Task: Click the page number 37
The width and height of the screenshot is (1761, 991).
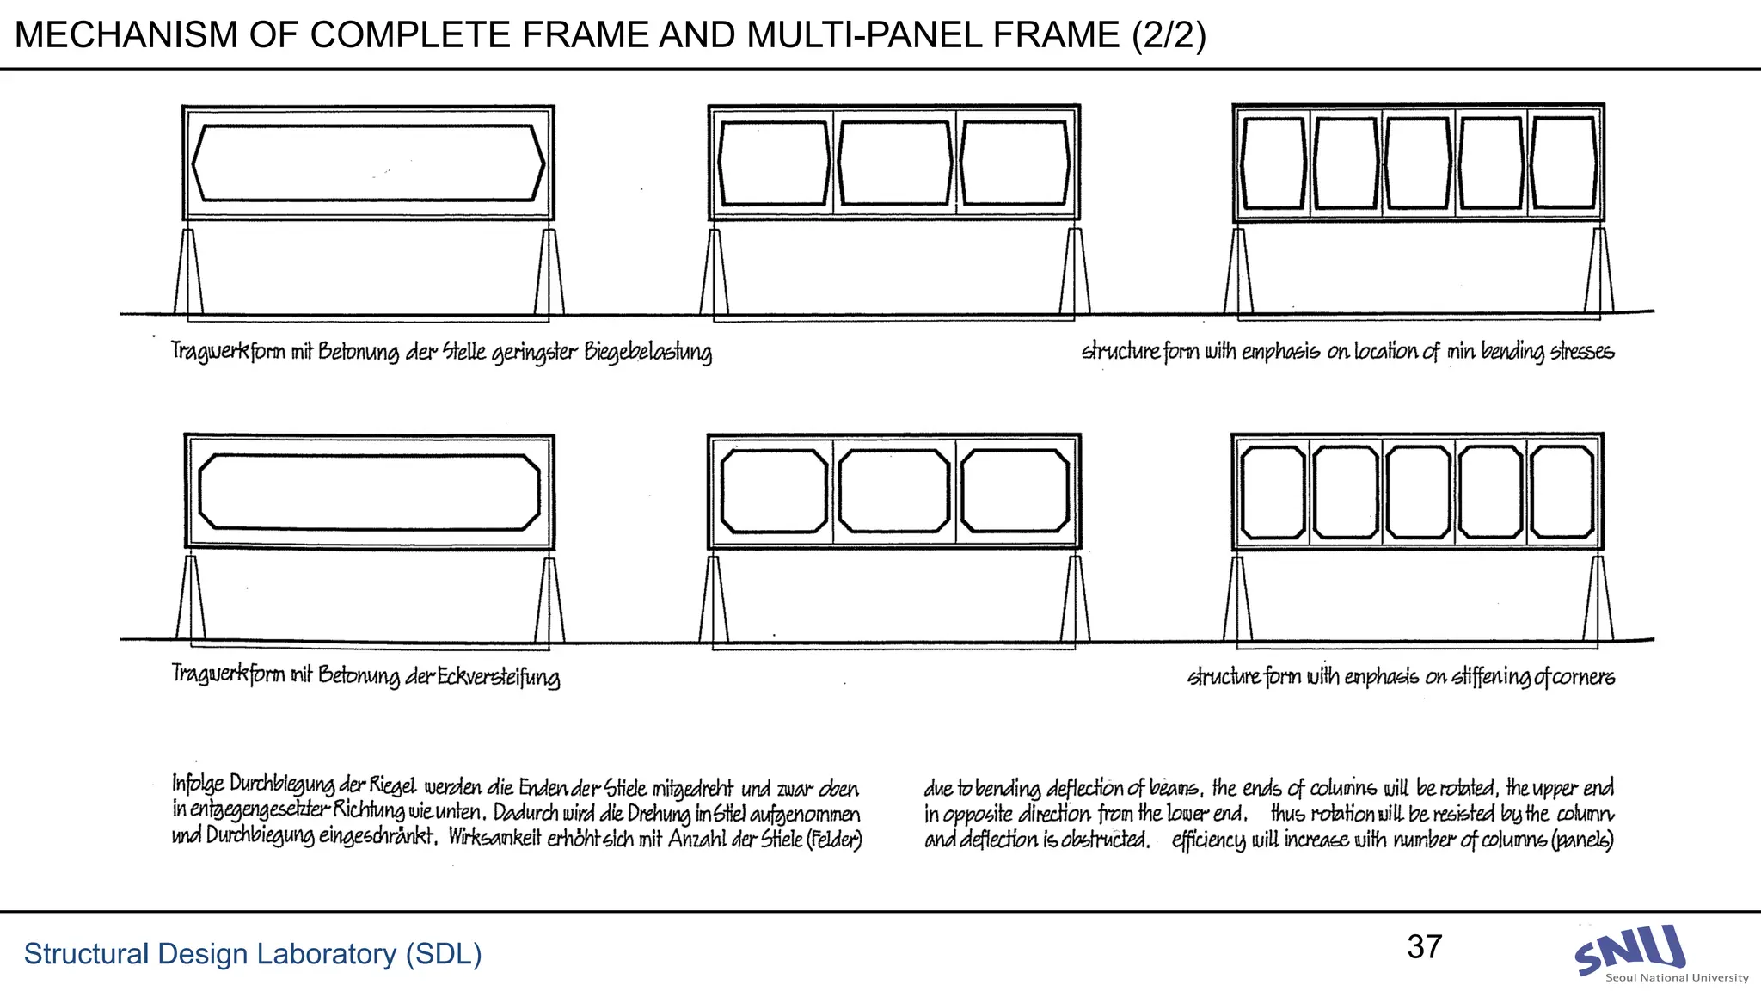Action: pos(1424,947)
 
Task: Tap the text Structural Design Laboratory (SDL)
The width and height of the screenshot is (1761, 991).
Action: pos(252,953)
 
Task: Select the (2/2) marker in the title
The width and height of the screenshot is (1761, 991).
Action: pos(1169,35)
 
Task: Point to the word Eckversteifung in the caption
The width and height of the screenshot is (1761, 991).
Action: pos(499,677)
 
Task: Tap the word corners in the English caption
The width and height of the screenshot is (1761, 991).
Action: pos(1584,677)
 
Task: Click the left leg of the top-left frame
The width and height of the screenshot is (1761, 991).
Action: pos(189,271)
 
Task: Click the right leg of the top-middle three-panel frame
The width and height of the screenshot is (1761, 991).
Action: pos(1074,271)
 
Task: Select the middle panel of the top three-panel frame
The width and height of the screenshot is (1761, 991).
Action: pos(894,163)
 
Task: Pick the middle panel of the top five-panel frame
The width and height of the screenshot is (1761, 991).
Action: pos(1418,163)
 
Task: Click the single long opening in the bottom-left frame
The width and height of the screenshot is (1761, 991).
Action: pos(369,491)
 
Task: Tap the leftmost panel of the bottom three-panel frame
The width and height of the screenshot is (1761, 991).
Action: pos(773,491)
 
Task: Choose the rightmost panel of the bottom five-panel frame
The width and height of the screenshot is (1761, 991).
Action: pos(1562,491)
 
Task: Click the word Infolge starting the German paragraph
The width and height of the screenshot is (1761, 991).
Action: pos(198,784)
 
